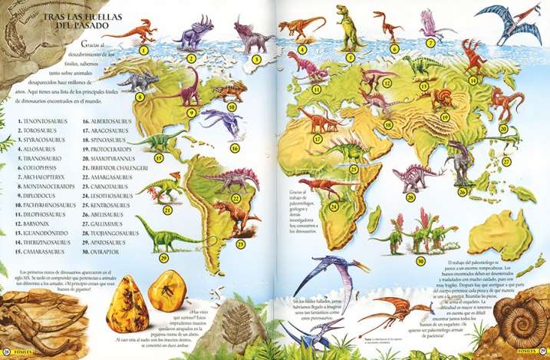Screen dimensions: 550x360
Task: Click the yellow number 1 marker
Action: click(x=143, y=50)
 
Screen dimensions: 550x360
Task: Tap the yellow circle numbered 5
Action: click(x=350, y=56)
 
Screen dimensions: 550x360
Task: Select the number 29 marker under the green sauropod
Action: click(x=163, y=258)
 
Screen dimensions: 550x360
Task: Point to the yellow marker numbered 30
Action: click(x=421, y=261)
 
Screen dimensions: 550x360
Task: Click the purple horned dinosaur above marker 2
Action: click(x=186, y=35)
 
